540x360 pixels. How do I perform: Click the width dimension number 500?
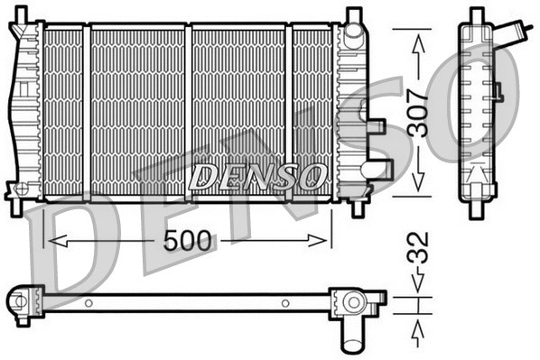pos(188,241)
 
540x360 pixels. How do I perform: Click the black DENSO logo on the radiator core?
pos(258,175)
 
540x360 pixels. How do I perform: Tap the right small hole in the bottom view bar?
pos(284,303)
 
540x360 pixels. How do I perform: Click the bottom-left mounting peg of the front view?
pos(16,205)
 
